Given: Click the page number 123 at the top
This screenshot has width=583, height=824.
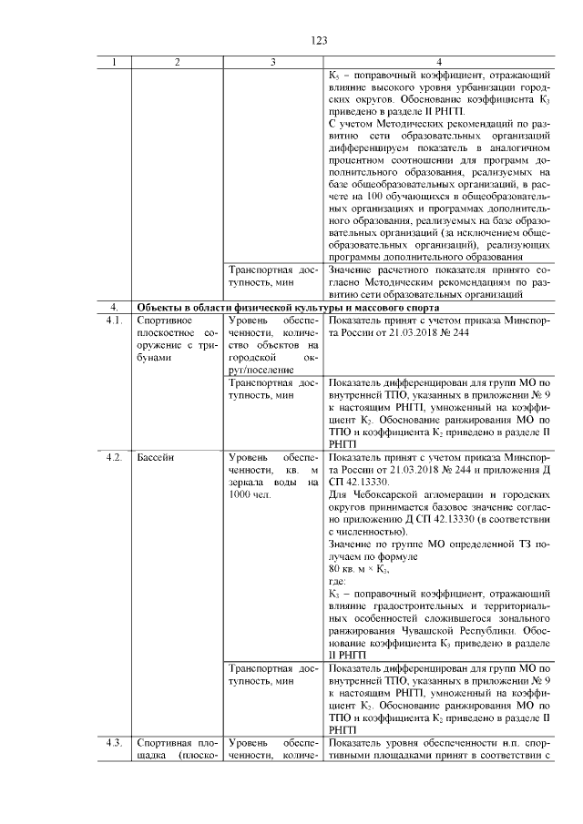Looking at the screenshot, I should pyautogui.click(x=319, y=41).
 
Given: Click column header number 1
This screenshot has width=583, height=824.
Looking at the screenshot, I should pyautogui.click(x=115, y=62).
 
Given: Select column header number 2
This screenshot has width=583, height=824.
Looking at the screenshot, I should pyautogui.click(x=177, y=62).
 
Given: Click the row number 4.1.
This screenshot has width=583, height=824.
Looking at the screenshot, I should pyautogui.click(x=115, y=321).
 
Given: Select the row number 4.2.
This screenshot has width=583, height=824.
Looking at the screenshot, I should pyautogui.click(x=115, y=455).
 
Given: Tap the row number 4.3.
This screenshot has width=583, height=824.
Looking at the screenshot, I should pyautogui.click(x=115, y=743).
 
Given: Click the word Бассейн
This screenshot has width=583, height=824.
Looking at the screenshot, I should pyautogui.click(x=157, y=455).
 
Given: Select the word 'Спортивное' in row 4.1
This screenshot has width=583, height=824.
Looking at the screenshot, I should pyautogui.click(x=163, y=321).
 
